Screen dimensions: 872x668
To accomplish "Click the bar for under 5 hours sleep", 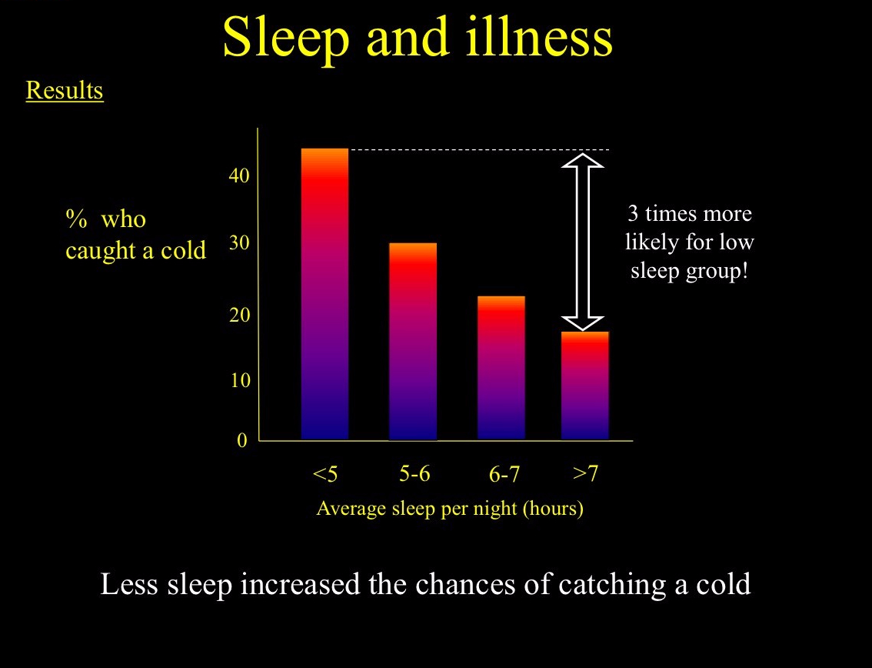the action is pyautogui.click(x=325, y=294).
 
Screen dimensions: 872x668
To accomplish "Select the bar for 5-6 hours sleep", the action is pyautogui.click(x=413, y=341).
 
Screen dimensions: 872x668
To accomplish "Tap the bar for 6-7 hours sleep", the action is pyautogui.click(x=501, y=368).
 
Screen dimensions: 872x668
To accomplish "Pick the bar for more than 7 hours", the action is pyautogui.click(x=585, y=386).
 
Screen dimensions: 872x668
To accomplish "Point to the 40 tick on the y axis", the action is pyautogui.click(x=239, y=176).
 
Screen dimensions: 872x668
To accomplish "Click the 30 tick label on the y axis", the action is pyautogui.click(x=239, y=242).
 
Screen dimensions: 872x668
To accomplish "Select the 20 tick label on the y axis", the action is pyautogui.click(x=239, y=315).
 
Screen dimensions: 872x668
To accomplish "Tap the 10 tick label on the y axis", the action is pyautogui.click(x=239, y=381).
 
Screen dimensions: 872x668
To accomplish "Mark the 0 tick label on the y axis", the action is pyautogui.click(x=242, y=440).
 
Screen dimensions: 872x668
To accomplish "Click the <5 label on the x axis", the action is pyautogui.click(x=325, y=474).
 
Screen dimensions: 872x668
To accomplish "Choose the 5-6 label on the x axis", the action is pyautogui.click(x=414, y=473).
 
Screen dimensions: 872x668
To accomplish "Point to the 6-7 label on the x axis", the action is pyautogui.click(x=504, y=474).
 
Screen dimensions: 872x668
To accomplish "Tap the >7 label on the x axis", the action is pyautogui.click(x=586, y=473).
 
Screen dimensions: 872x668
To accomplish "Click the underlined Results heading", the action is pyautogui.click(x=65, y=91).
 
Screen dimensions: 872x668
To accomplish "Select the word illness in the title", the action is pyautogui.click(x=540, y=37).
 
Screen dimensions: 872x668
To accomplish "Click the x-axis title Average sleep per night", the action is pyautogui.click(x=450, y=508).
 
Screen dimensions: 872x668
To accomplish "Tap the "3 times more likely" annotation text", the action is pyautogui.click(x=690, y=242).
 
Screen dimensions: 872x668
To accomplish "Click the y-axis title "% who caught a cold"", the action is pyautogui.click(x=135, y=235).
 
